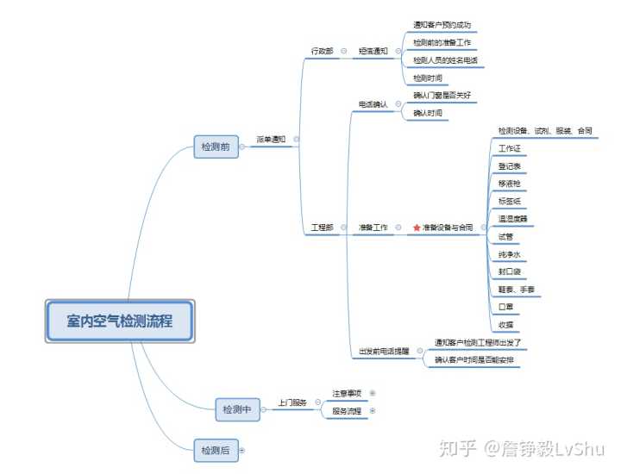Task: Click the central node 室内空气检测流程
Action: [120, 322]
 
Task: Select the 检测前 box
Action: [215, 147]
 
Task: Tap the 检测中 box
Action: [237, 410]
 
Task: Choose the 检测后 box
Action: [215, 450]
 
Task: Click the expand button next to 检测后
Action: [241, 450]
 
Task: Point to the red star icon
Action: [417, 228]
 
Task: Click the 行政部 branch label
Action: [322, 52]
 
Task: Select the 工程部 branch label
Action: [322, 228]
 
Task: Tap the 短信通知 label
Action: [373, 52]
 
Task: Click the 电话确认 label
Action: [373, 104]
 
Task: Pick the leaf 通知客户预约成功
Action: [442, 26]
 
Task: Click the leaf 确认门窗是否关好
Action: [442, 95]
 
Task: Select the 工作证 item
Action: [509, 148]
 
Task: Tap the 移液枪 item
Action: [509, 184]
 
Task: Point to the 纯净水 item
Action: [509, 254]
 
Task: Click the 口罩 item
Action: [506, 307]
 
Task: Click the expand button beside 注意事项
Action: [373, 394]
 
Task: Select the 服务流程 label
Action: [347, 411]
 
